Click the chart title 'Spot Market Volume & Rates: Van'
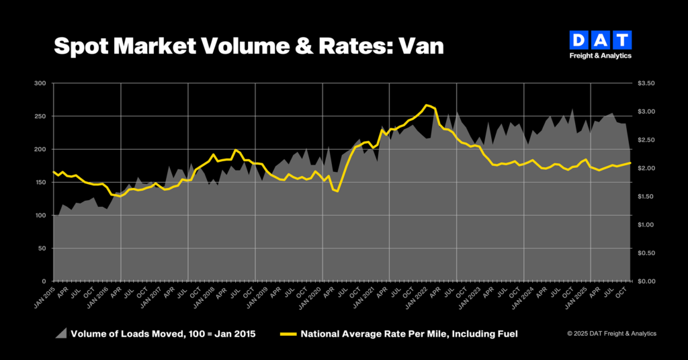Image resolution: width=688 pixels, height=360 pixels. (x=249, y=46)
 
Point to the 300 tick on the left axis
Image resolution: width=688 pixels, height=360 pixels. (x=41, y=83)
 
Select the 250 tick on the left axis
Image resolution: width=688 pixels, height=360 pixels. (x=41, y=116)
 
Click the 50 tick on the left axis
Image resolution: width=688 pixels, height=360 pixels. (x=42, y=248)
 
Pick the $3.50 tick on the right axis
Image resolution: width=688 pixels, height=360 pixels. (x=646, y=83)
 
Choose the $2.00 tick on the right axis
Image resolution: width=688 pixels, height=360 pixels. (x=646, y=168)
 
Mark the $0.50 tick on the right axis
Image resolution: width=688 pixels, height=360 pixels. (x=646, y=253)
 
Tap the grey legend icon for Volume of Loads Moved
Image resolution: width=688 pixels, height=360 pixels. (x=61, y=333)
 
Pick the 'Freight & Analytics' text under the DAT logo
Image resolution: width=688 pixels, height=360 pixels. (x=600, y=56)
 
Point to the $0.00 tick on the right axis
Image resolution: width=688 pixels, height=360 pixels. (x=646, y=281)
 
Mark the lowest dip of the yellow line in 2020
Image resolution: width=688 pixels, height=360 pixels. (x=337, y=191)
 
